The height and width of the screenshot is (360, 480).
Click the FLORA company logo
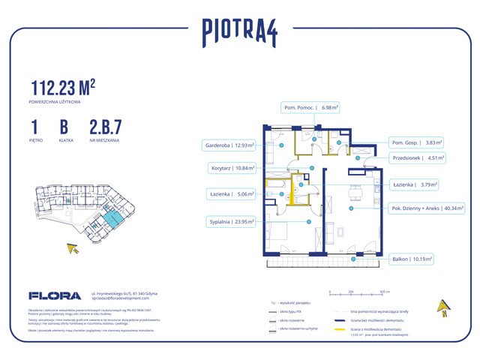[49, 295]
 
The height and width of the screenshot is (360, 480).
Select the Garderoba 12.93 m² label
[229, 145]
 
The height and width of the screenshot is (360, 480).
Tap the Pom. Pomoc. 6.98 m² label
[310, 107]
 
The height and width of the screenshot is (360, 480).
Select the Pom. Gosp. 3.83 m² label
[417, 142]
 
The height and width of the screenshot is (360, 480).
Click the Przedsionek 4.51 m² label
[418, 157]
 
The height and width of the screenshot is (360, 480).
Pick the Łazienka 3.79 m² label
[416, 184]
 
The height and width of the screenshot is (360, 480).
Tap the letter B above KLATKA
[64, 126]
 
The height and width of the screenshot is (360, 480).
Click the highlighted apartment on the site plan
[112, 219]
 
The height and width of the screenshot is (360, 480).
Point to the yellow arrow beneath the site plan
[73, 248]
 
